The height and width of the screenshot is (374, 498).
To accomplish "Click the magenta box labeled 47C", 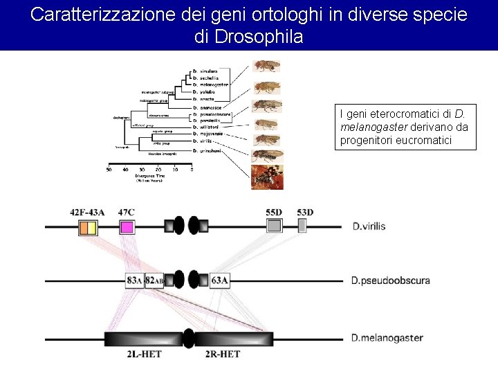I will (127, 226).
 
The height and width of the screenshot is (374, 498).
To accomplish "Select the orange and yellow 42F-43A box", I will (87, 228).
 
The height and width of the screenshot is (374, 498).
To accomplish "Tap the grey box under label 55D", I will (274, 226).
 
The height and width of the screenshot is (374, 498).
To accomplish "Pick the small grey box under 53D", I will (302, 225).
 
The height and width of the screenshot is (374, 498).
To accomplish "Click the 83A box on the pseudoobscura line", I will (134, 280).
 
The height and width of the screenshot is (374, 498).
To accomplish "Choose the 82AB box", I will (154, 280).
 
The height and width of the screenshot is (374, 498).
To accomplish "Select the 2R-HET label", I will (223, 355).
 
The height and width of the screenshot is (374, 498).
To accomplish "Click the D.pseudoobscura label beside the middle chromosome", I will (390, 280).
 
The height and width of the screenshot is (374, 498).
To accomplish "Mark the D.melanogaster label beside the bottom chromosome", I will (387, 338).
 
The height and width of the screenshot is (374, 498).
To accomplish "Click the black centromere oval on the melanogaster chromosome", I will (188, 338).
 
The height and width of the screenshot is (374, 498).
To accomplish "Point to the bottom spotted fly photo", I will (268, 177).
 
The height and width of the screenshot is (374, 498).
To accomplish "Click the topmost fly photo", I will (266, 66).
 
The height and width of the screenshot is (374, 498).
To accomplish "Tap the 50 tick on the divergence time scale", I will (109, 168).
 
